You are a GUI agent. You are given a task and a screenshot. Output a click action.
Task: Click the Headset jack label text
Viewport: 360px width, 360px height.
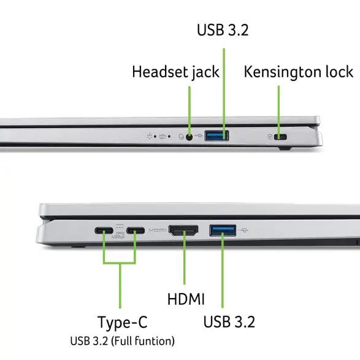coord(175,72)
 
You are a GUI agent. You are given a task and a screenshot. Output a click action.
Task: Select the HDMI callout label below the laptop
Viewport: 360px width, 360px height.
coord(186,299)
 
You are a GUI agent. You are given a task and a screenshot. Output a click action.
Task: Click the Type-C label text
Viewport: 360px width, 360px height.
coord(123,322)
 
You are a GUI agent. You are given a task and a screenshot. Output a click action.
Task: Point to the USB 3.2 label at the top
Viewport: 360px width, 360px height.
coord(223,29)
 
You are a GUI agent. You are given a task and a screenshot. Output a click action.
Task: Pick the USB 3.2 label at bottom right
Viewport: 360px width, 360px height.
coord(228,321)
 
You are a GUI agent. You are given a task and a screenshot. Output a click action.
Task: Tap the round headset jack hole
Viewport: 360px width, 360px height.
coord(190,136)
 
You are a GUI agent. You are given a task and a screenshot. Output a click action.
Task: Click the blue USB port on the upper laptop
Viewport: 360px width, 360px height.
coord(216,136)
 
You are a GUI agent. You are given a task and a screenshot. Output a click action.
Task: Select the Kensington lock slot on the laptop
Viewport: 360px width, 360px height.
coord(282,137)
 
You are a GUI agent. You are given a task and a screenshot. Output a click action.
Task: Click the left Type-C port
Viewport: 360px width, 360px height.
coord(104,232)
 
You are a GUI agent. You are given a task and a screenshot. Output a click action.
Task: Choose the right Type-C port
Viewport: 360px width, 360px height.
coord(136,232)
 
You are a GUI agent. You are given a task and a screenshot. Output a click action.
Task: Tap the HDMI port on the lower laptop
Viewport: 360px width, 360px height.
coord(183,231)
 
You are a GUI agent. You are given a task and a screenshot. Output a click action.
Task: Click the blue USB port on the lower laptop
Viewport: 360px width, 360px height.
coord(223,231)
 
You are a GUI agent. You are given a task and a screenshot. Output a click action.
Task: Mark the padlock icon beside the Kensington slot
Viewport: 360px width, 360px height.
coord(270,136)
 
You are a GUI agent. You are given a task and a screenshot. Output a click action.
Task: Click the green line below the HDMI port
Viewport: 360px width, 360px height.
coord(184,264)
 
